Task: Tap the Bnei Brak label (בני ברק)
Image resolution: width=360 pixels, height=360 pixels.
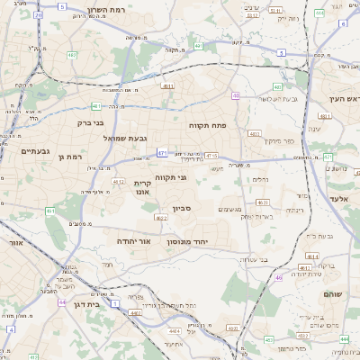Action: tap(89, 122)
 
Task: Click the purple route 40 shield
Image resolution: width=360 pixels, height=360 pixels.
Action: tap(236, 94)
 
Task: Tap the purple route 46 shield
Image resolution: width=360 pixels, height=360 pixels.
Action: tap(279, 278)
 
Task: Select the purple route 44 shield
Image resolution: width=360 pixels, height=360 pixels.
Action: tap(62, 302)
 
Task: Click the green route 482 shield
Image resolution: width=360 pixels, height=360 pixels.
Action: tap(72, 56)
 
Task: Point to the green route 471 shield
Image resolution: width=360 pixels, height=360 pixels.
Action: tap(162, 153)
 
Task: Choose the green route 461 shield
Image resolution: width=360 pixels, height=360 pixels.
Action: tap(50, 211)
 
